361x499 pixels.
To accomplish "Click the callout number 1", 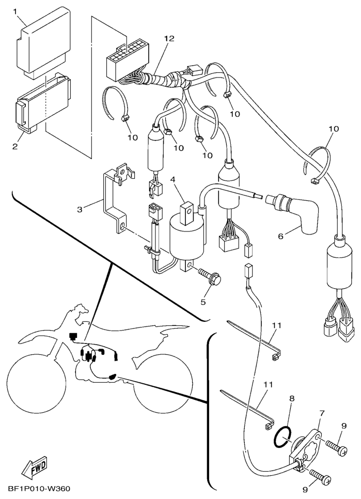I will click(x=15, y=11).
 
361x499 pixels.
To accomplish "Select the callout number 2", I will click(x=15, y=147).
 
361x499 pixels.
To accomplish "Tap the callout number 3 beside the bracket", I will click(x=80, y=209).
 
